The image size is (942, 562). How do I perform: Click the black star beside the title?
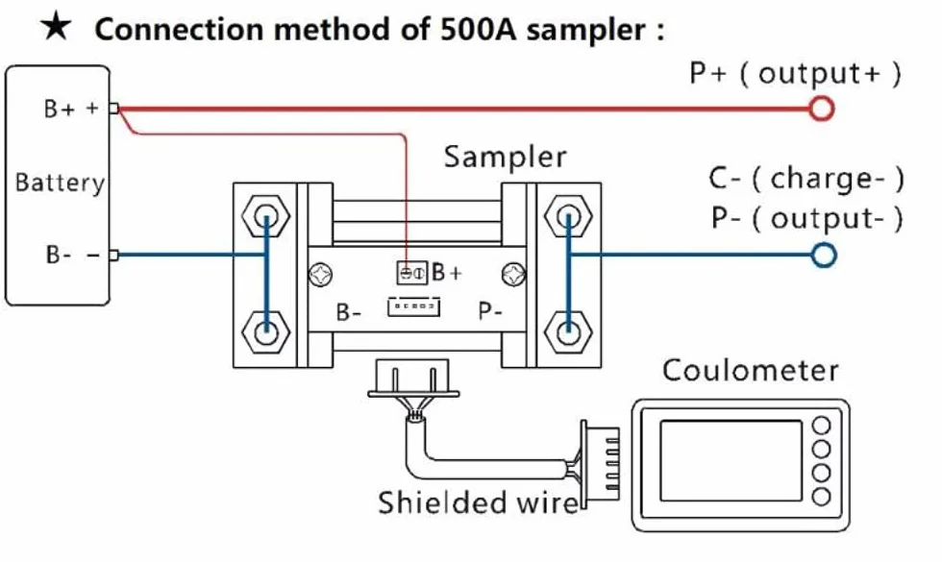point(56,28)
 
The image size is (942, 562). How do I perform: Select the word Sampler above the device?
point(505,158)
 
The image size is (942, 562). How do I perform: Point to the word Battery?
point(60,183)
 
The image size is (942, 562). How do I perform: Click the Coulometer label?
point(751,371)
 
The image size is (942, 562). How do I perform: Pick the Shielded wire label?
point(477,502)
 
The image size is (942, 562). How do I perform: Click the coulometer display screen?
point(731,460)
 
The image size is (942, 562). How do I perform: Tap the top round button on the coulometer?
point(821,425)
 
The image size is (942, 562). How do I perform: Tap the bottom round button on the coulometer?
point(821,497)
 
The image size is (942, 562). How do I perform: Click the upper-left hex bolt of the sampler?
point(265,215)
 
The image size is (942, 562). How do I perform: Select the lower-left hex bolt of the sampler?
point(265,332)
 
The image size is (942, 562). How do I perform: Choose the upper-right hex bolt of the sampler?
point(568,215)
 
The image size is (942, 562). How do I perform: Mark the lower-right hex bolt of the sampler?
point(568,332)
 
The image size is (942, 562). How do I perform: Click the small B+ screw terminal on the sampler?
point(412,273)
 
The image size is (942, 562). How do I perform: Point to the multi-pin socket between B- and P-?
point(414,306)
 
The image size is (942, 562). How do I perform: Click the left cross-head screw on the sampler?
point(321,275)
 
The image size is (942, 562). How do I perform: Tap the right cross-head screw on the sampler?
point(513,275)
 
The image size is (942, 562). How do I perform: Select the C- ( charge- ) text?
point(806,179)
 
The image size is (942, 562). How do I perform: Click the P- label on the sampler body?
point(490,311)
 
